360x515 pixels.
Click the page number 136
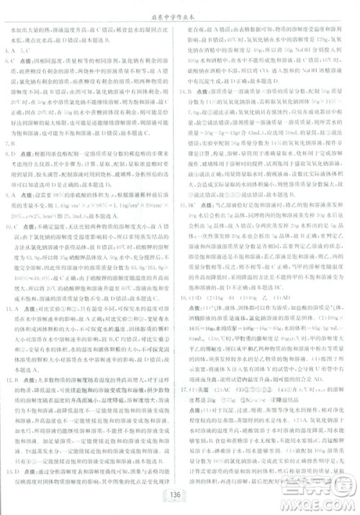coord(179,494)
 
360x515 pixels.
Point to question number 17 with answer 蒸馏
coord(188,407)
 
